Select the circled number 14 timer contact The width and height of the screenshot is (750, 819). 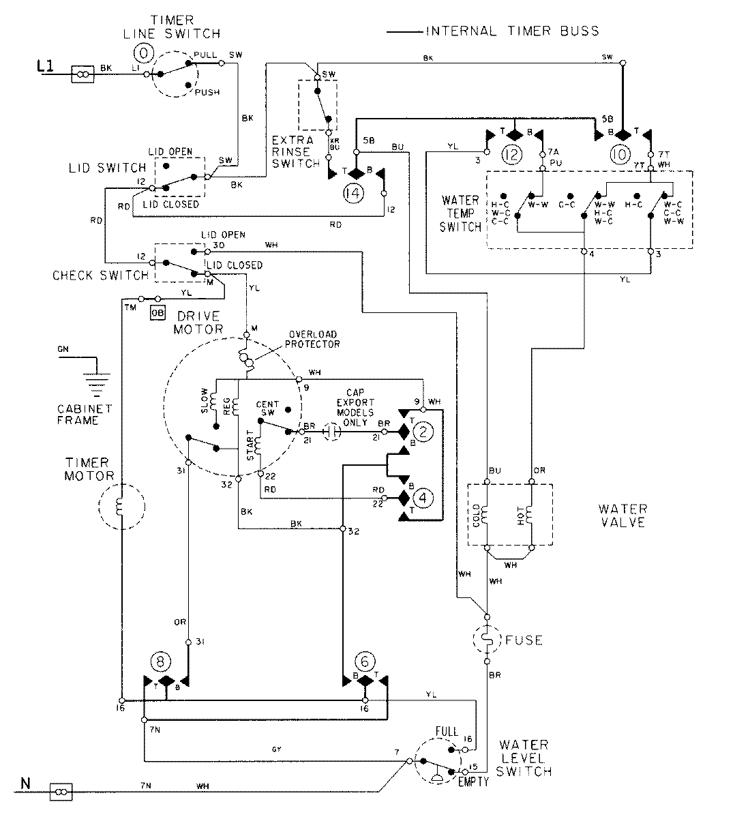click(355, 193)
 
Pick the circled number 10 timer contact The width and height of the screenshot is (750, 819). click(620, 155)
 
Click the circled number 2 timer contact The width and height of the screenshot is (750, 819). click(423, 432)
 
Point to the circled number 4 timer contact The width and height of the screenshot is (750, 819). click(423, 498)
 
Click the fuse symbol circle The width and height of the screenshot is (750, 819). click(487, 640)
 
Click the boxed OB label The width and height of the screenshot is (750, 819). click(158, 312)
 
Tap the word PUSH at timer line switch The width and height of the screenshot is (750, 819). click(207, 92)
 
